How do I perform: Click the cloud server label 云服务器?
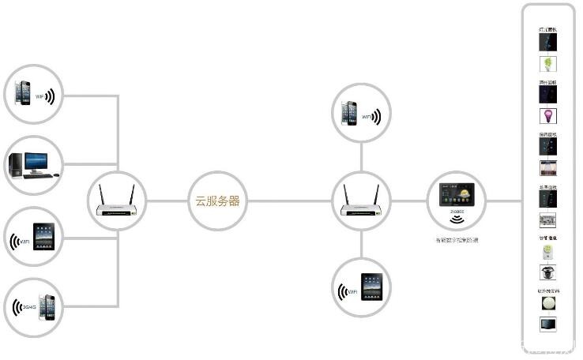click(x=217, y=201)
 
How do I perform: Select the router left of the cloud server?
click(x=116, y=203)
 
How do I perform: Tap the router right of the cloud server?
click(x=360, y=203)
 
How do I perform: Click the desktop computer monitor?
click(x=36, y=162)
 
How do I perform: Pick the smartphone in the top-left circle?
click(x=24, y=93)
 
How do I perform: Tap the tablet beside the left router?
click(x=43, y=237)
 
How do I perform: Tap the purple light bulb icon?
click(x=547, y=116)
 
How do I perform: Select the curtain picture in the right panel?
click(x=547, y=168)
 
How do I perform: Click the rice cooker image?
click(x=547, y=273)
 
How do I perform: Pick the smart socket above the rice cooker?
click(x=547, y=253)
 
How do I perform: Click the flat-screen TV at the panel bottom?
click(x=547, y=324)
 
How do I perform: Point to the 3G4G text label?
click(x=30, y=306)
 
